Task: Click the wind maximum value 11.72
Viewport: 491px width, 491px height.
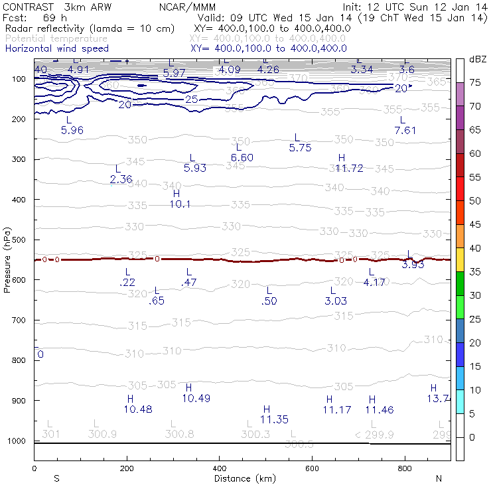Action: coord(349,169)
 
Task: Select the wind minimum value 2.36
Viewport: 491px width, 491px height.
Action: coord(121,179)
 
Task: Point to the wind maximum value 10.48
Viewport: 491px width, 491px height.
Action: coord(138,409)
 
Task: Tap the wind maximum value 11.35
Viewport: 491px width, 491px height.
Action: coord(274,419)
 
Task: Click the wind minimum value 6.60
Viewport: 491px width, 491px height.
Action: coord(242,157)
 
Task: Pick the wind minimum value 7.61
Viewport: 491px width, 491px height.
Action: coord(405,130)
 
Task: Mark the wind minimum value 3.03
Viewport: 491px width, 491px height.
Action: coord(336,301)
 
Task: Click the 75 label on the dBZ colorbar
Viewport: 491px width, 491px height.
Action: coord(475,82)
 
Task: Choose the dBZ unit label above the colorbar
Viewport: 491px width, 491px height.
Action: coord(476,60)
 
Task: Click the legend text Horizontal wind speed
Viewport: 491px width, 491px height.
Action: coord(56,48)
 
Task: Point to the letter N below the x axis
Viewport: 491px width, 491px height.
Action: coord(439,478)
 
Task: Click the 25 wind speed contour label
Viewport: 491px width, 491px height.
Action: coord(192,99)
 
